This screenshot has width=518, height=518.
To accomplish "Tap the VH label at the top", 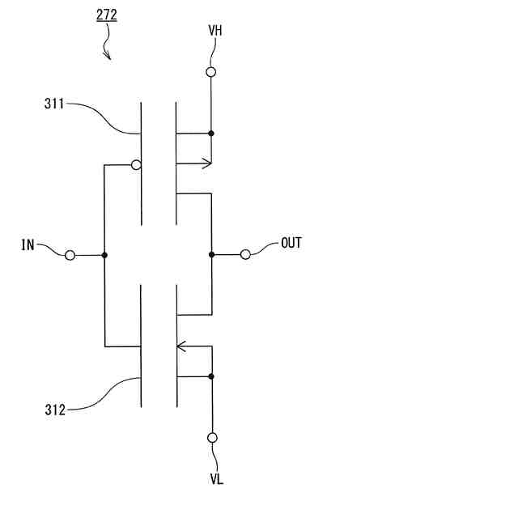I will (214, 31).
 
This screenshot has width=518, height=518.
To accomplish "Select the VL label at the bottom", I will (216, 479).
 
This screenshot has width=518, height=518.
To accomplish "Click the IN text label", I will (28, 244).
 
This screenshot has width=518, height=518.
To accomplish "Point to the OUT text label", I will (291, 243).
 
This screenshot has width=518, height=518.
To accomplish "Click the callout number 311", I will (54, 104).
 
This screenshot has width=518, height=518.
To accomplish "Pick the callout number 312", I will (54, 410).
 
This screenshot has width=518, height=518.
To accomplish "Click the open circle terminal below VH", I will (211, 72).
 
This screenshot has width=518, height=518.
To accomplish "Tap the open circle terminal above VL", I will (212, 438).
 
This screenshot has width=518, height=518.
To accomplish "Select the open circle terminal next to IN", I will (70, 255).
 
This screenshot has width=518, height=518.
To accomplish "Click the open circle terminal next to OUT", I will (245, 254).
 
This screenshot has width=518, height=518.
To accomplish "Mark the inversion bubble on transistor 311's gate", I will (136, 165).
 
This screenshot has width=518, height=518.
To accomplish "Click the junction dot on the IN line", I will (104, 255).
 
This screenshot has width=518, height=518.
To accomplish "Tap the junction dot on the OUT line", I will (211, 254).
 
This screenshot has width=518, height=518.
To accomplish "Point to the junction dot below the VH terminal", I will (211, 133).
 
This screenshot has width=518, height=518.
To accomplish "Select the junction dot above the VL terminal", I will (211, 376).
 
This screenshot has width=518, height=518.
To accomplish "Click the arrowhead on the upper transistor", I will (206, 163).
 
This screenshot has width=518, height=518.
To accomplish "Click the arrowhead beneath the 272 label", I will (108, 57).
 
